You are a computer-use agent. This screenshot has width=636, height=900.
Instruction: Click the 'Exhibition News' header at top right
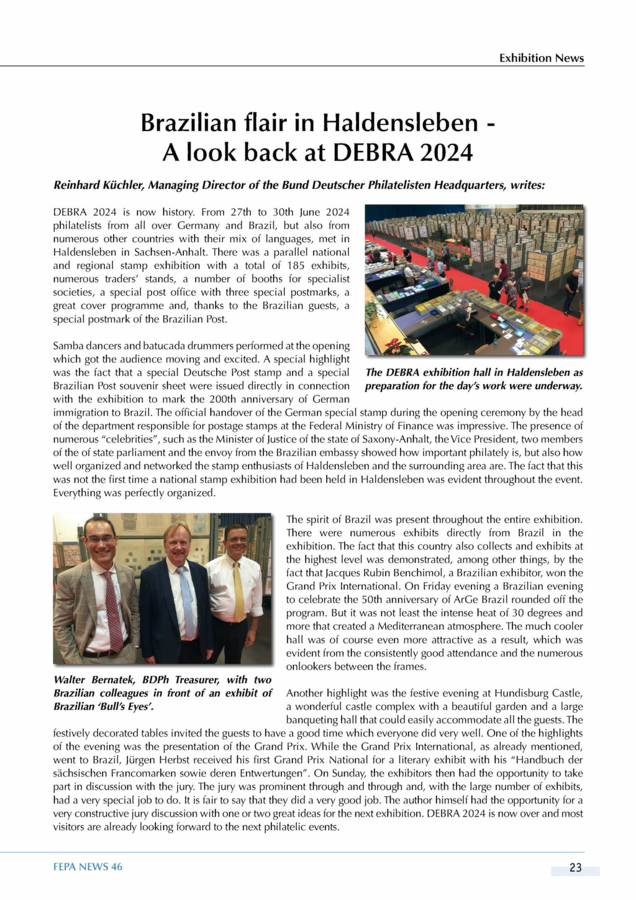(x=542, y=58)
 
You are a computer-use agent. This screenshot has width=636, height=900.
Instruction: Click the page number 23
(x=575, y=868)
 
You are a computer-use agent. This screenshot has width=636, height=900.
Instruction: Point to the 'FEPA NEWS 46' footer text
(x=88, y=866)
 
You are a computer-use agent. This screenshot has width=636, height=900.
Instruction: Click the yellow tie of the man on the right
(x=238, y=590)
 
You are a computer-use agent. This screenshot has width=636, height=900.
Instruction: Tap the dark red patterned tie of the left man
(x=113, y=612)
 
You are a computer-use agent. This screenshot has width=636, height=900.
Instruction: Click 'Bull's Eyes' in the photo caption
(x=127, y=707)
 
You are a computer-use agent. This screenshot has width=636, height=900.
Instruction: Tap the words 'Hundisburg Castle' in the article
(x=542, y=693)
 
